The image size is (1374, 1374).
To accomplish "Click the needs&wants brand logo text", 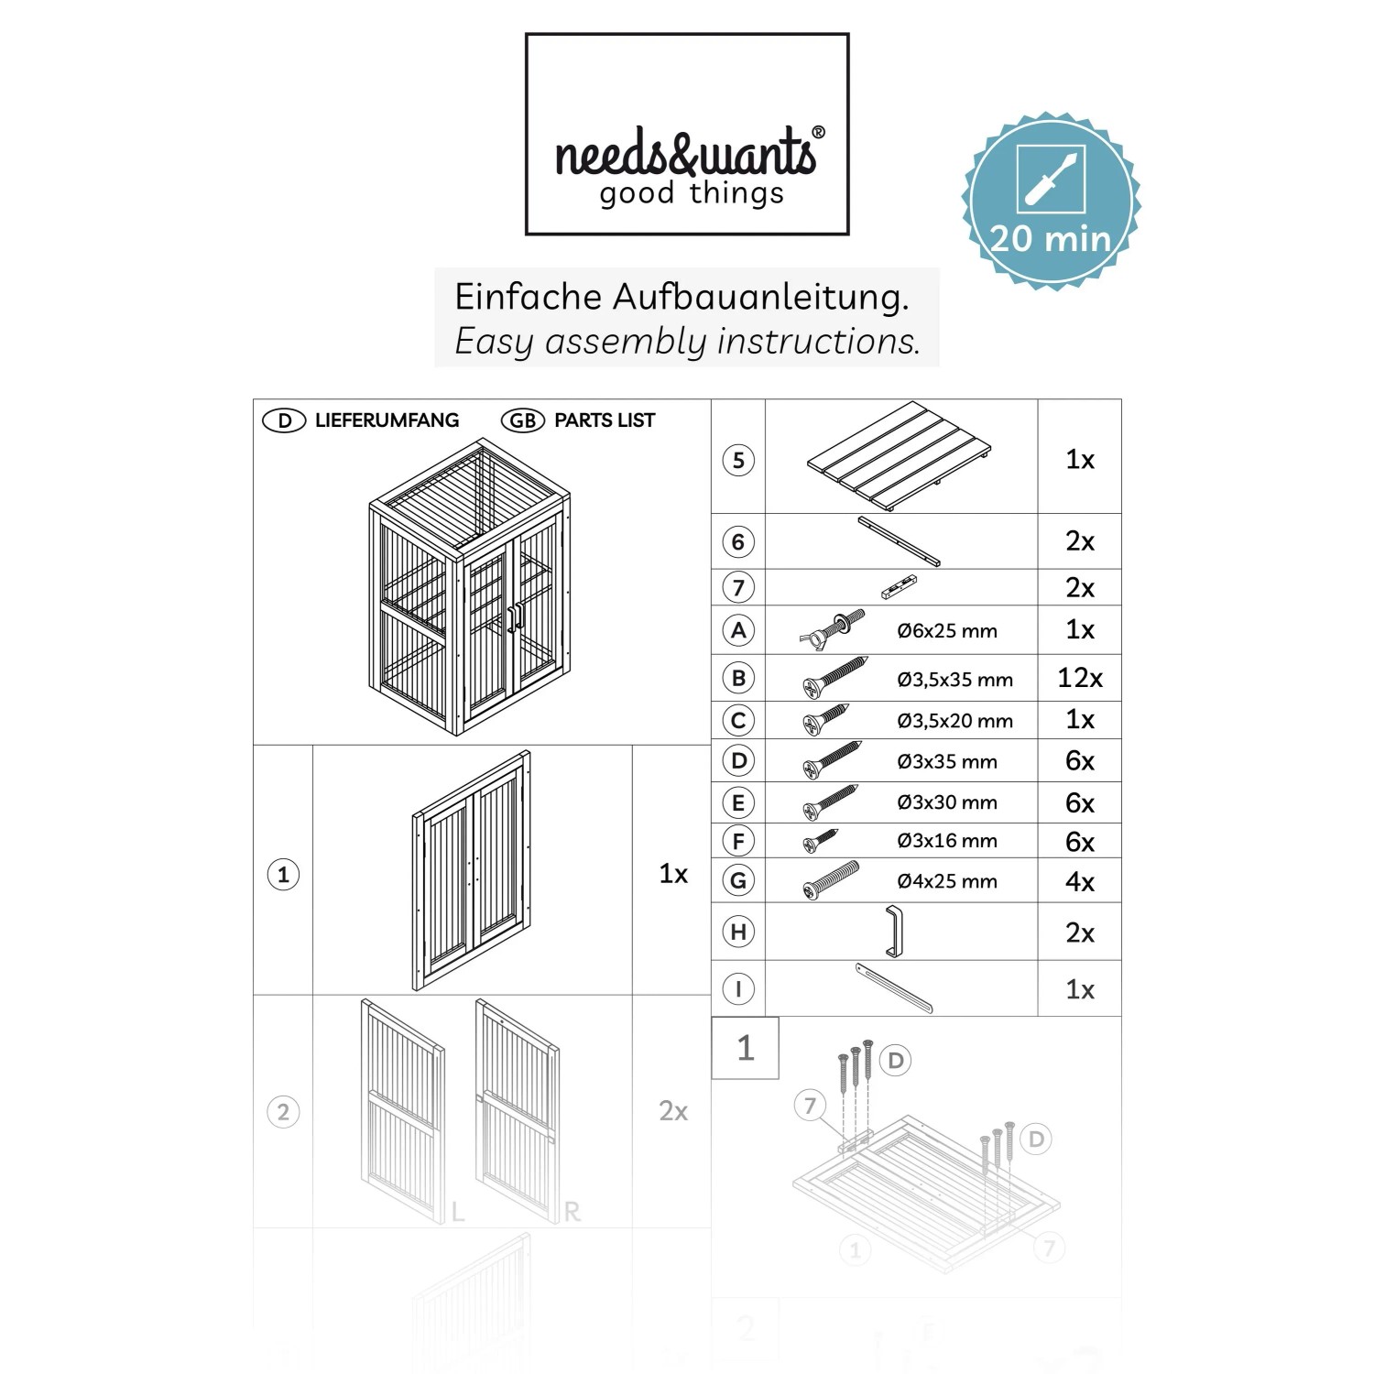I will click(x=686, y=153).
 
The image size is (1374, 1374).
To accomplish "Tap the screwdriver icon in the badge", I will click(x=1051, y=179).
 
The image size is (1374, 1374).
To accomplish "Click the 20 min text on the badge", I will click(x=1051, y=239).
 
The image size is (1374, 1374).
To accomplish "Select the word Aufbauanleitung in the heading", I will click(x=760, y=297).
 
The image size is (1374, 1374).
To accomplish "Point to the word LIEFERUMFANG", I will click(x=387, y=420).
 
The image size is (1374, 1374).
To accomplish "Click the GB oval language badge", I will click(x=522, y=420).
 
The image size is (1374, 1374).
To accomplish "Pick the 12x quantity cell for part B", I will click(x=1080, y=678).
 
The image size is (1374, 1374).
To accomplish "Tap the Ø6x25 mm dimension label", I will click(x=947, y=630).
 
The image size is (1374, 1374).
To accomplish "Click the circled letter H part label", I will click(x=738, y=932).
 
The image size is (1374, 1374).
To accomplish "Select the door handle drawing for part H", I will click(x=894, y=931).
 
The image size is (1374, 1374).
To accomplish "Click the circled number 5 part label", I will click(x=738, y=460).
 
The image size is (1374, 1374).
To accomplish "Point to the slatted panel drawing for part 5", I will click(x=900, y=455).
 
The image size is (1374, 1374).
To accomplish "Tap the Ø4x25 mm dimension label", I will click(x=947, y=881).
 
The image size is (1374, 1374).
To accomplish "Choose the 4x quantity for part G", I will click(x=1080, y=882).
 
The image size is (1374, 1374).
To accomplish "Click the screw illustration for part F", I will click(x=821, y=840).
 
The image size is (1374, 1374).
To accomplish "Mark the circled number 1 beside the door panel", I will click(x=283, y=875).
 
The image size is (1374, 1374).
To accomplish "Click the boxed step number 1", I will click(x=746, y=1048).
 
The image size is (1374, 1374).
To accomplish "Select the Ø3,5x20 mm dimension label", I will click(x=955, y=721).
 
